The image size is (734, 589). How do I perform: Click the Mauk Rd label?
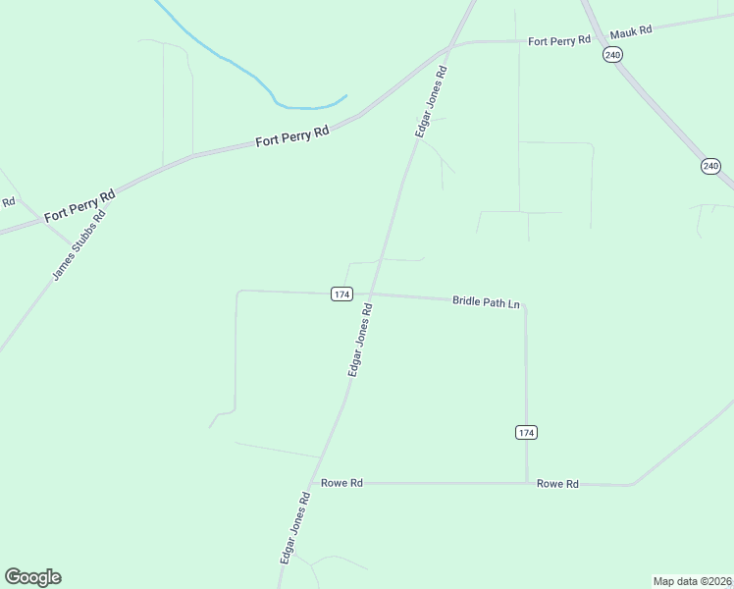[x=631, y=32]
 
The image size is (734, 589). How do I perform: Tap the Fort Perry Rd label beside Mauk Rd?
[x=558, y=40]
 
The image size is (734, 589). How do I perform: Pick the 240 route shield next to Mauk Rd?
[x=613, y=56]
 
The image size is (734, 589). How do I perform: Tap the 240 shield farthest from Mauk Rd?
[x=710, y=166]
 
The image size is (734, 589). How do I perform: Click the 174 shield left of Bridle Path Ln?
[x=341, y=294]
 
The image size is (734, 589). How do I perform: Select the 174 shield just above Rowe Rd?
[x=527, y=432]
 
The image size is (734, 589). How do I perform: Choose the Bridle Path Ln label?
[x=486, y=301]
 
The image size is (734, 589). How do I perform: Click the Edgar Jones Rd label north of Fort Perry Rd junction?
[x=432, y=101]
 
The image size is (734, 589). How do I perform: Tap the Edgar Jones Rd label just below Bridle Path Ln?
[x=359, y=340]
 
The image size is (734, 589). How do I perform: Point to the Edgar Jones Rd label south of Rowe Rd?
[x=294, y=527]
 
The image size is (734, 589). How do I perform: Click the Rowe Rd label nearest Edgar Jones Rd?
[x=342, y=483]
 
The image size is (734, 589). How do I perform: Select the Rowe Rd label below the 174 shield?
[x=557, y=484]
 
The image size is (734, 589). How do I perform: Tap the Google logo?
[x=32, y=577]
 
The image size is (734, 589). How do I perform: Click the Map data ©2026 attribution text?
[x=692, y=580]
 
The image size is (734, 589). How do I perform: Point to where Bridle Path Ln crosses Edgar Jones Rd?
[x=372, y=294]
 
